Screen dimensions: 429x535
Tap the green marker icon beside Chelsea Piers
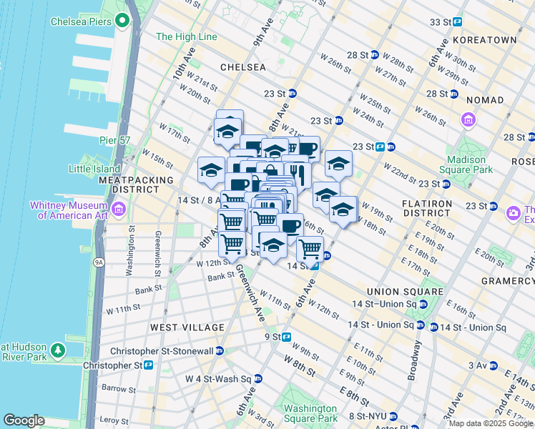point(122,21)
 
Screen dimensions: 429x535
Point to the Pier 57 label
point(114,141)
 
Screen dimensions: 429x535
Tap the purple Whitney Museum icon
point(119,209)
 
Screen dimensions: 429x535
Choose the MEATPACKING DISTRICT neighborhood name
point(136,184)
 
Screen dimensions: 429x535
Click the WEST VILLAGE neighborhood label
point(187,327)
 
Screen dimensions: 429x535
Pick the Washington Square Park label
point(310,414)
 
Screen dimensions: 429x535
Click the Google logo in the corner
point(24,420)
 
